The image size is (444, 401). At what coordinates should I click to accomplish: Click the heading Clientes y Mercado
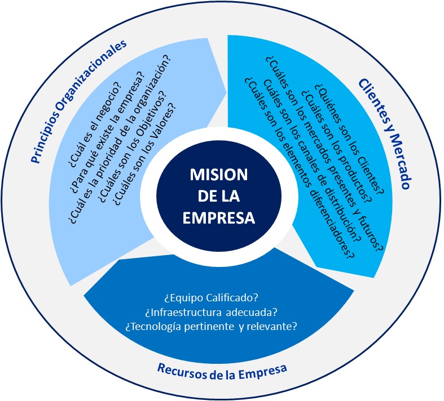pyautogui.click(x=384, y=133)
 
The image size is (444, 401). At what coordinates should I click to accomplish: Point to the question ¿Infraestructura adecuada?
pyautogui.click(x=222, y=311)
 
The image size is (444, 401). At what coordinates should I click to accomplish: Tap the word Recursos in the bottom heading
pyautogui.click(x=179, y=369)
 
